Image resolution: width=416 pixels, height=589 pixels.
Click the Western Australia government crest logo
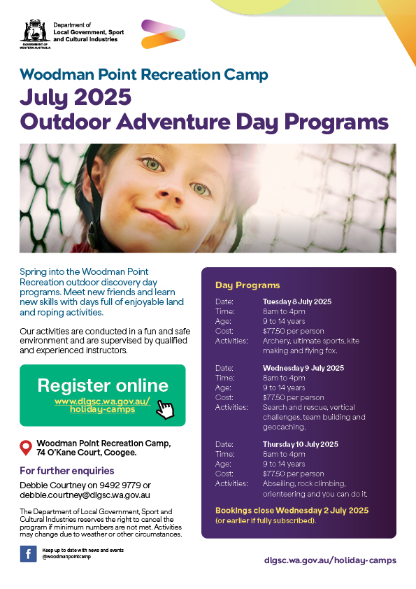pyautogui.click(x=34, y=31)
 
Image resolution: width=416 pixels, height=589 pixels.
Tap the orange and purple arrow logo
pyautogui.click(x=163, y=34)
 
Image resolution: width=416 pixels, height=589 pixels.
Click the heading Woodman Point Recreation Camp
pyautogui.click(x=143, y=74)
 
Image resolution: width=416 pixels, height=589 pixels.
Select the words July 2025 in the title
pyautogui.click(x=76, y=97)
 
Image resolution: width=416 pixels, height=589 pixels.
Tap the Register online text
pyautogui.click(x=103, y=385)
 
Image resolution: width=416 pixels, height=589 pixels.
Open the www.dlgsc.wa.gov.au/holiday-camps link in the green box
pyautogui.click(x=103, y=406)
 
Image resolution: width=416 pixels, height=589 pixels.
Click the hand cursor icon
pyautogui.click(x=164, y=409)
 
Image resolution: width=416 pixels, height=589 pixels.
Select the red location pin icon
pyautogui.click(x=26, y=448)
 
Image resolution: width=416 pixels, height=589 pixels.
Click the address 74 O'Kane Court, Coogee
pyautogui.click(x=86, y=453)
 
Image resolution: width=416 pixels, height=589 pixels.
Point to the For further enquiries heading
pyautogui.click(x=66, y=471)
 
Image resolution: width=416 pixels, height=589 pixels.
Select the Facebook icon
pyautogui.click(x=28, y=554)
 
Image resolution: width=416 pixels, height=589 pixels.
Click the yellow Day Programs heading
pyautogui.click(x=247, y=285)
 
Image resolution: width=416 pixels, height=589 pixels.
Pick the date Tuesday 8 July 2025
pyautogui.click(x=297, y=301)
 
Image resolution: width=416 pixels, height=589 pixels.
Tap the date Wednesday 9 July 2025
pyautogui.click(x=303, y=367)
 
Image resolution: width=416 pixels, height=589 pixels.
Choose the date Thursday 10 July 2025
pyautogui.click(x=301, y=444)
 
